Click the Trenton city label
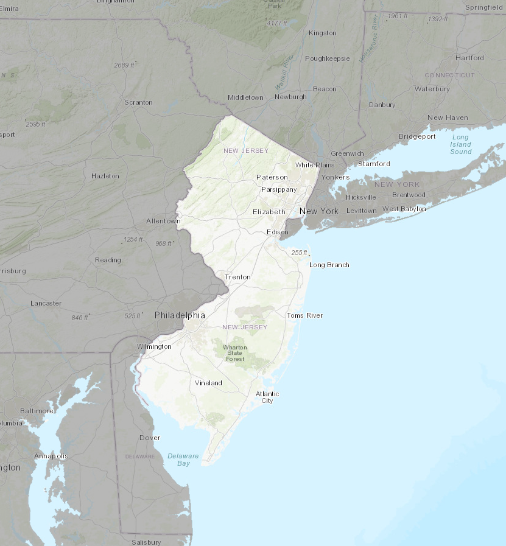237,277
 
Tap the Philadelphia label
180,315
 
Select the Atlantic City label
267,397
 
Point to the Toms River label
304,315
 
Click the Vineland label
208,383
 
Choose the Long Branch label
329,265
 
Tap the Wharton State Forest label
235,353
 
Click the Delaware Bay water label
183,460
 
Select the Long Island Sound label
461,144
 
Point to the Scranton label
138,102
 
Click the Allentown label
163,221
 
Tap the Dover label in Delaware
150,438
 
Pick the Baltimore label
37,411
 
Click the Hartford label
469,58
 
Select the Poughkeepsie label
328,58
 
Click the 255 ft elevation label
299,253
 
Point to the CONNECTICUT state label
449,75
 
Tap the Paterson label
272,177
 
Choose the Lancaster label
46,303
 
